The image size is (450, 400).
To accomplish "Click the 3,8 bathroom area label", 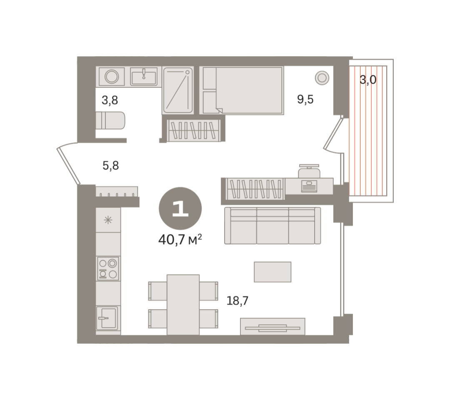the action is point(110,100).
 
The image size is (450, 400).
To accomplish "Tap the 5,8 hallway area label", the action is point(111,165).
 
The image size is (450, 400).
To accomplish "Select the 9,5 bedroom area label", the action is point(305,99).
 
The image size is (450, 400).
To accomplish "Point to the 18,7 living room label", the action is point(237,301).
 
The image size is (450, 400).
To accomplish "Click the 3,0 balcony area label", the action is point(368,80).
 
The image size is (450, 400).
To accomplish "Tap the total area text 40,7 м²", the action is point(180,240).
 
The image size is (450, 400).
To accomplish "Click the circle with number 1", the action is point(180,208).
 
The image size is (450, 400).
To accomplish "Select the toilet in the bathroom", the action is point(110,120).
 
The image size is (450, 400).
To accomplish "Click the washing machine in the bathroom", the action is point(112,77).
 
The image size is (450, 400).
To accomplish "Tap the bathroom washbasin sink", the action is point(144,77).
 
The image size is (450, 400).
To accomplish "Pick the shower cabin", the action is point(178,90).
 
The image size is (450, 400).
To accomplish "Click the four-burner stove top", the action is point(108,269).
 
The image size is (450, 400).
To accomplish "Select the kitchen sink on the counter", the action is point(107,318).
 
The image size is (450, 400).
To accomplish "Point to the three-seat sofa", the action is point(272,225).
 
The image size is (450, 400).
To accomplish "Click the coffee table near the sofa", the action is point(272,272).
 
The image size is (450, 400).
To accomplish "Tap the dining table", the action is point(183,305).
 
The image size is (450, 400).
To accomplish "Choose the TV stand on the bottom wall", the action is point(272,326).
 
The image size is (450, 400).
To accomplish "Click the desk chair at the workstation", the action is point(309,171).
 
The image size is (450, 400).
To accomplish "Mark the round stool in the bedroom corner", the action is point(322,78).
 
